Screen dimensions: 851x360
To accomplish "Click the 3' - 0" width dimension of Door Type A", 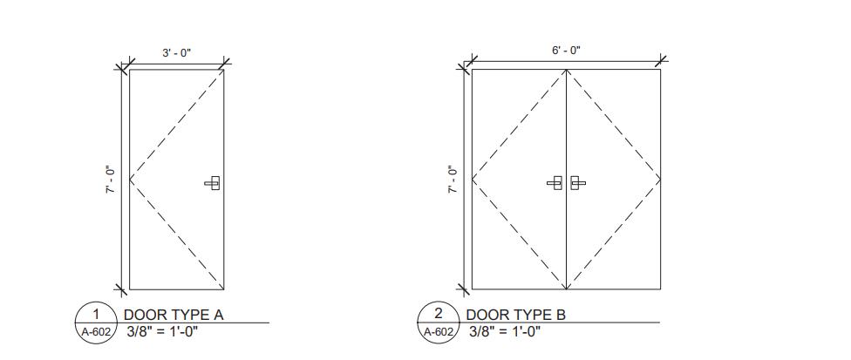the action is (177, 52).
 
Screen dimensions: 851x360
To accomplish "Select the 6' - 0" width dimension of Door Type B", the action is (566, 51).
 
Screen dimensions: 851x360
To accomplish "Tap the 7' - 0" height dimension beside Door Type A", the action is (112, 180).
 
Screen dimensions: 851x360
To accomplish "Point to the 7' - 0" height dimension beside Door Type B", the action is (453, 180).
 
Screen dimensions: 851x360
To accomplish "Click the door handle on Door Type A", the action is (213, 183).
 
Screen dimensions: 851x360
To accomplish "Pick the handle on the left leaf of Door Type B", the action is (555, 183).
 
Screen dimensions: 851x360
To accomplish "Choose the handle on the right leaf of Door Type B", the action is (578, 183).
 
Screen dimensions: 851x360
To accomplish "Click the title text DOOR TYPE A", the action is (174, 315).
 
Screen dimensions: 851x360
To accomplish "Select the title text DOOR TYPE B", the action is (515, 315).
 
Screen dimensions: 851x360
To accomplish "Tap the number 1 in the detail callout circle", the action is (96, 314).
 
